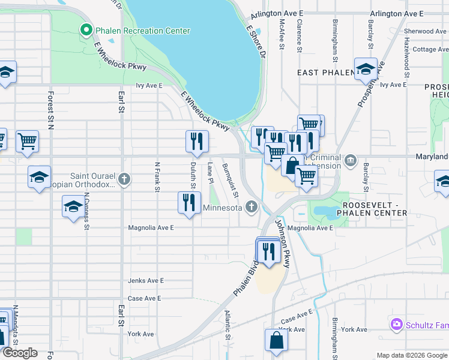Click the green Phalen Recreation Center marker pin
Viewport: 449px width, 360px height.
coord(86,29)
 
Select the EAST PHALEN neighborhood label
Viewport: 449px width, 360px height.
coord(324,73)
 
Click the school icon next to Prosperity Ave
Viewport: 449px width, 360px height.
coord(366,70)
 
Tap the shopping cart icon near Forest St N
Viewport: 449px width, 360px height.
coord(28,141)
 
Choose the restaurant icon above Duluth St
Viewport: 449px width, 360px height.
coord(197,142)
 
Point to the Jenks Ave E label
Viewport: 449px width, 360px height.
coord(145,280)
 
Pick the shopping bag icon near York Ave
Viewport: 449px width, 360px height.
coord(277,340)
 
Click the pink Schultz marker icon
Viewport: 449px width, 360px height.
coord(396,325)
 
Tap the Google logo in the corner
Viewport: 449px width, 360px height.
coord(20,353)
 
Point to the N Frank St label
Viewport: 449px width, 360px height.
coord(157,177)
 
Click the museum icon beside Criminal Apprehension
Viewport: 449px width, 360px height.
coord(351,161)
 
